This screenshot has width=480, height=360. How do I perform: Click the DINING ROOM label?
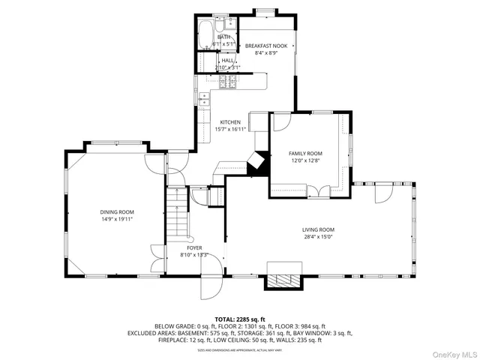click(116, 212)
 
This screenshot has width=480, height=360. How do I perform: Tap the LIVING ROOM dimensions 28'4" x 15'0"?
click(318, 237)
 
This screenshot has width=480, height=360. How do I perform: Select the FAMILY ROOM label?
click(305, 153)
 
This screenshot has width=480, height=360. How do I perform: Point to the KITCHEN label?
click(230, 122)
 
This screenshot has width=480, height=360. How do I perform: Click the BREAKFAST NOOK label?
click(266, 46)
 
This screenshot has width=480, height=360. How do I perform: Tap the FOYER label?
click(193, 247)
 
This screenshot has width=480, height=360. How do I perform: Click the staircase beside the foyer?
click(177, 213)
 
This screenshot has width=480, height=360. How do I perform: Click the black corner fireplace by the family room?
click(259, 163)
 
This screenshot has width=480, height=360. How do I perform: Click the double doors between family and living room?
click(317, 192)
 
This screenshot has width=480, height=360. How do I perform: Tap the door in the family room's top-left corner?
click(280, 121)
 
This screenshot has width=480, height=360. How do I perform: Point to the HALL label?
click(217, 60)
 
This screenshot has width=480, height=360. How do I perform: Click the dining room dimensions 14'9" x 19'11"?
click(116, 219)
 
